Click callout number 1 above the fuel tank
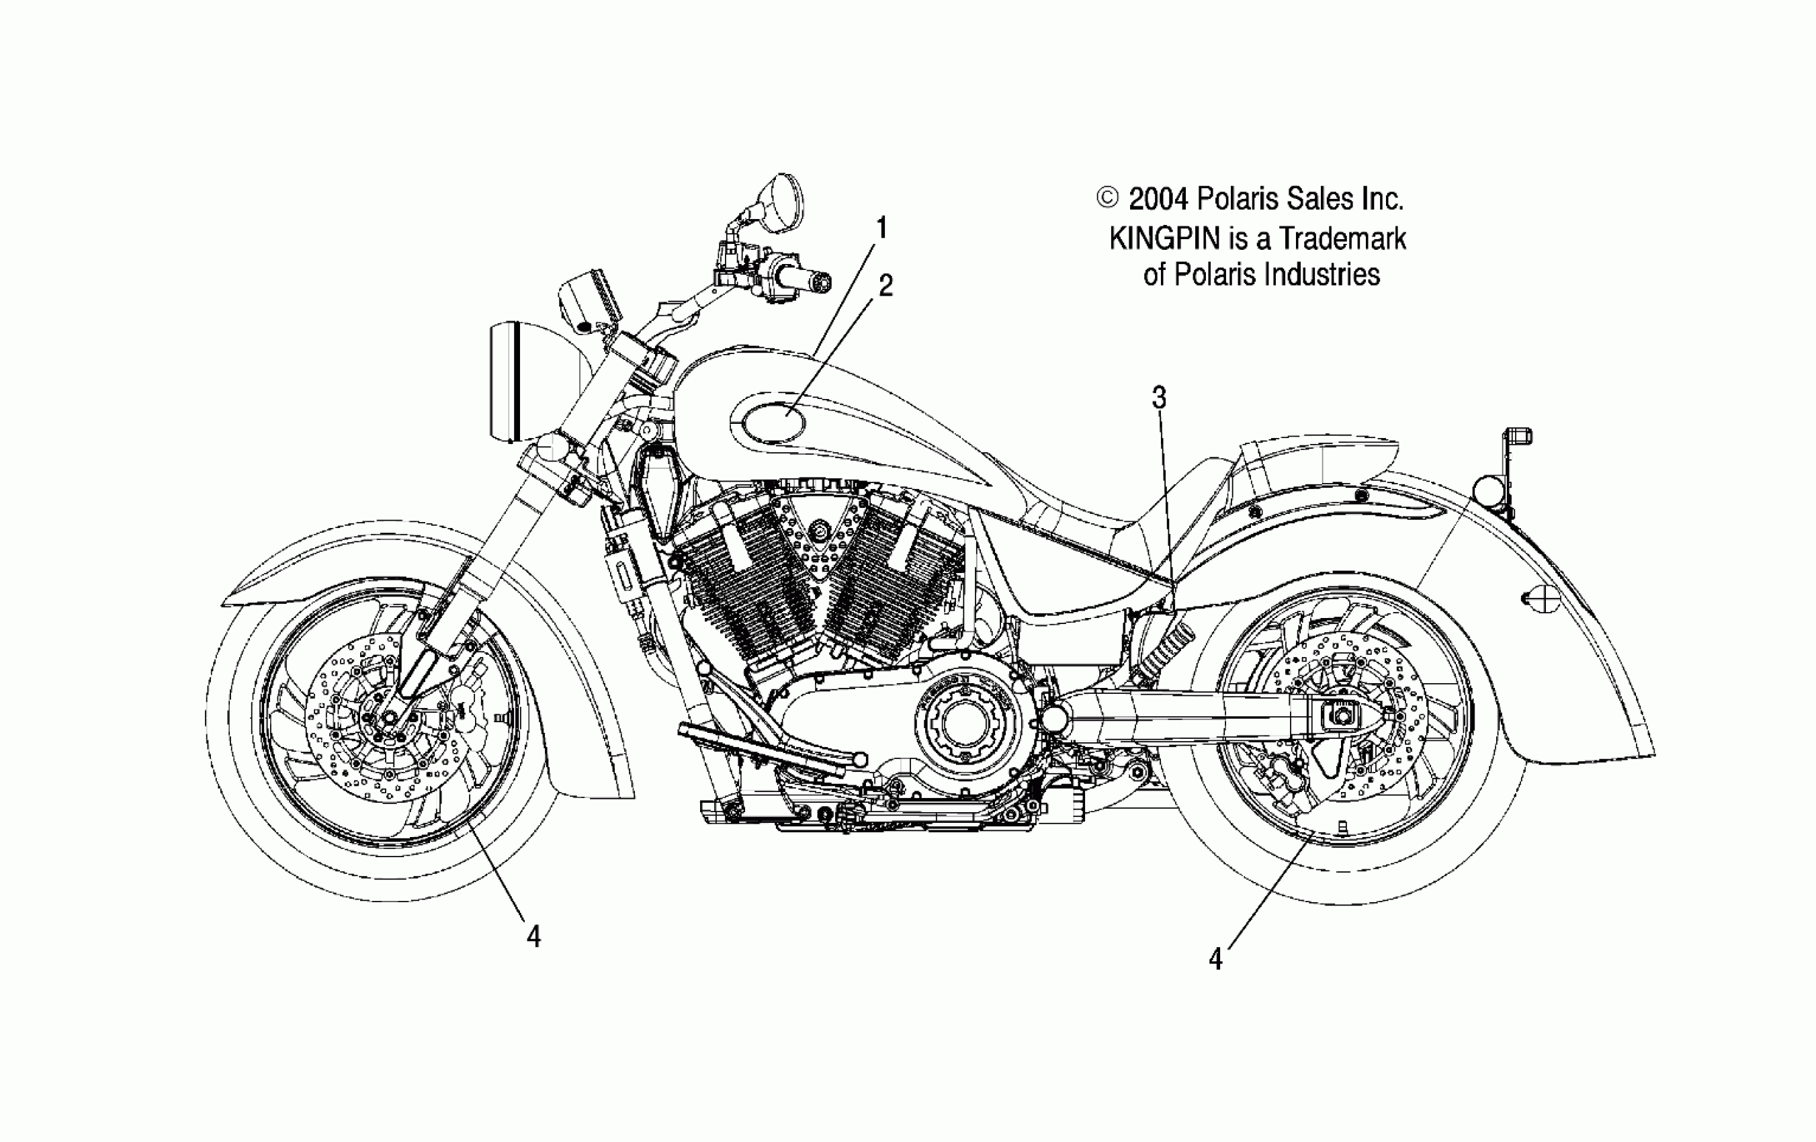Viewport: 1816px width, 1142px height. click(881, 228)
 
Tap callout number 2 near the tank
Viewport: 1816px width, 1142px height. click(885, 286)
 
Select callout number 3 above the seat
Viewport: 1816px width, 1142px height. click(1159, 398)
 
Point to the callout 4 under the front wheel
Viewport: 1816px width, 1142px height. click(534, 937)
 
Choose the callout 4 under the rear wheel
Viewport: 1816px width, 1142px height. click(1215, 959)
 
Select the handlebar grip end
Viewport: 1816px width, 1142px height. click(820, 282)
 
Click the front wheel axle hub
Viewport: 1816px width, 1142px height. click(388, 716)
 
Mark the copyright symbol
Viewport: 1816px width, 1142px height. click(1107, 198)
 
